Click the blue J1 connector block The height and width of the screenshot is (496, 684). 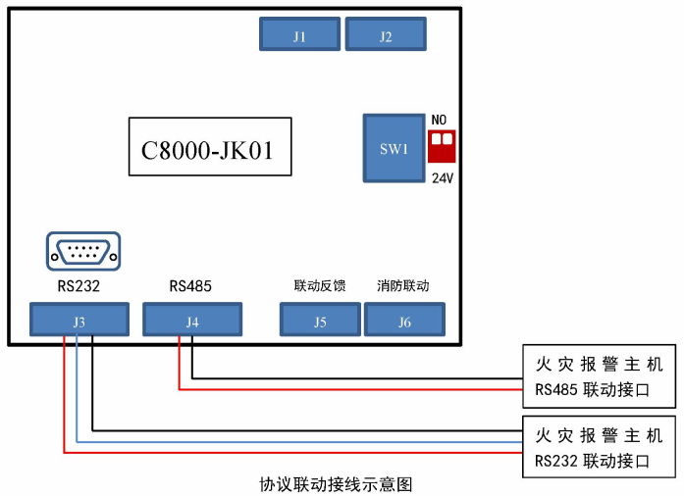coord(300,35)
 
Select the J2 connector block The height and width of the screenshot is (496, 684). coord(386,35)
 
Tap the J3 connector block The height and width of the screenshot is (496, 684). coord(79,321)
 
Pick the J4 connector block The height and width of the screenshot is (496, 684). coord(192,321)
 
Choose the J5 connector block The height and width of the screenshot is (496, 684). coord(320,321)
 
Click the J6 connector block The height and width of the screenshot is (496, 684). coord(405,321)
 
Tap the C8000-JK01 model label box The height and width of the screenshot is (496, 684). coord(210,148)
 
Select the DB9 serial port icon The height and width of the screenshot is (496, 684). coord(83,251)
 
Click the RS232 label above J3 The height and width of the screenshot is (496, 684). coord(79,287)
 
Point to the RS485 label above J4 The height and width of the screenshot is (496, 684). coord(190,287)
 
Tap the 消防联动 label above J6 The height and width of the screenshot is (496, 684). coord(403,286)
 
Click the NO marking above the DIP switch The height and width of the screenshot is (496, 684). coord(440,120)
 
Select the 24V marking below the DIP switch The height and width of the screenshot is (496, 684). coord(442,178)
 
